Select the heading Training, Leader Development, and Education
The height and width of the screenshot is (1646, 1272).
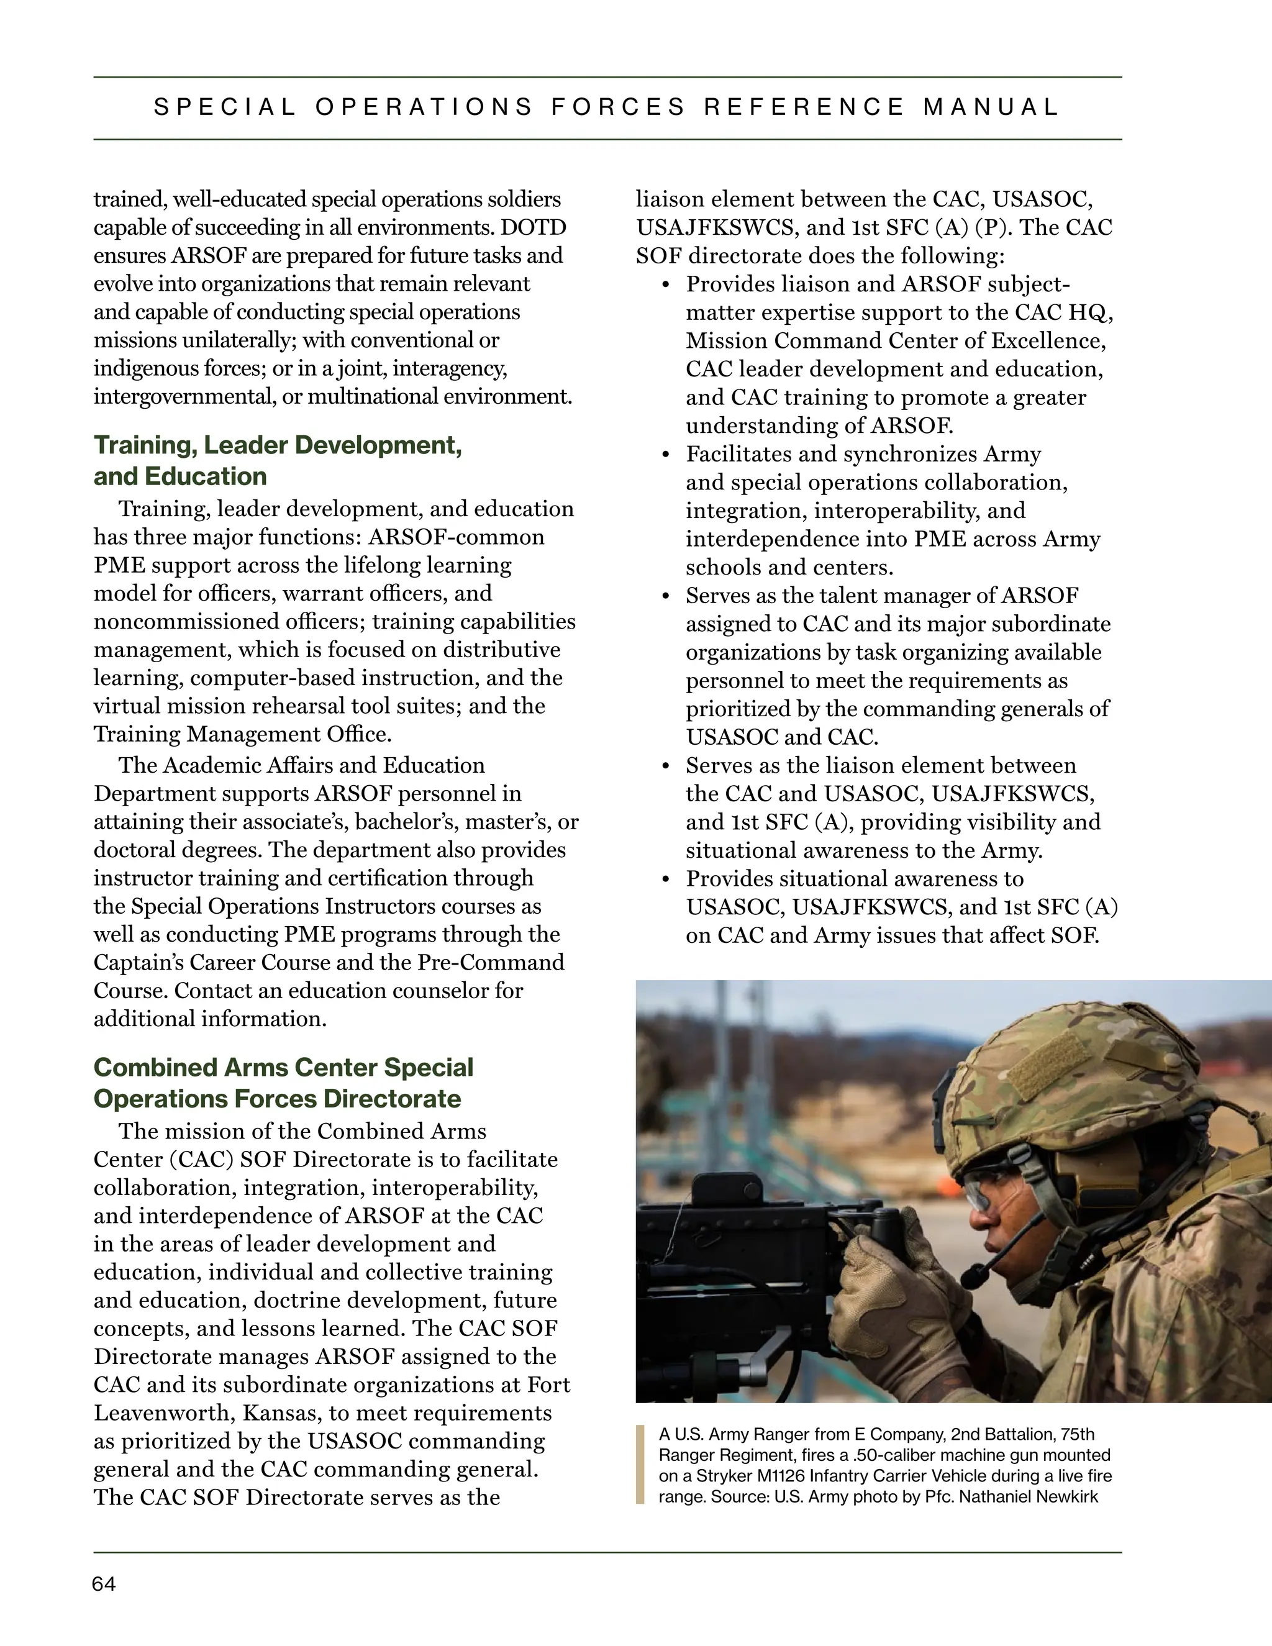pos(277,460)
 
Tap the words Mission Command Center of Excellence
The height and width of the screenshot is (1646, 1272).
pos(895,340)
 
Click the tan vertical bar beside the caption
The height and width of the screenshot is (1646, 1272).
pos(640,1465)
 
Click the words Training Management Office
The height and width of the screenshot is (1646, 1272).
pos(242,734)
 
